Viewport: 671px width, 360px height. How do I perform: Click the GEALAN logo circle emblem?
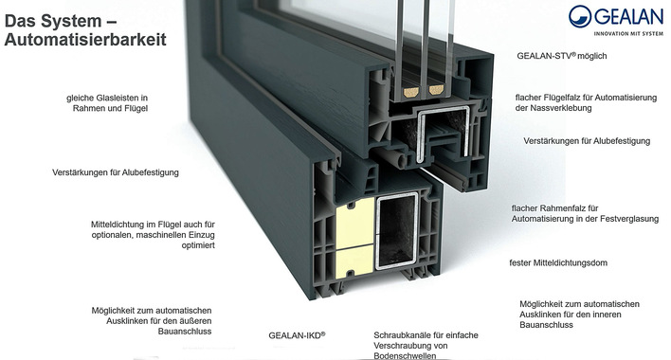tap(580, 16)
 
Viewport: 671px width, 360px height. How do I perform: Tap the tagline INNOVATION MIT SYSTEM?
tap(628, 33)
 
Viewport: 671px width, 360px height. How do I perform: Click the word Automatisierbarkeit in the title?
tap(85, 40)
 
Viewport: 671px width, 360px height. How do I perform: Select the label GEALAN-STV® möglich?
tap(561, 56)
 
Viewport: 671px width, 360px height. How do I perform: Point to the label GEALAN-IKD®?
tap(297, 335)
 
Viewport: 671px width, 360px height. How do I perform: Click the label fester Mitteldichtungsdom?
tap(558, 263)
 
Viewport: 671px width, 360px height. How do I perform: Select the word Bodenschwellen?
tap(405, 355)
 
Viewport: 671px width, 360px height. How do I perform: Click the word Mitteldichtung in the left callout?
tap(117, 225)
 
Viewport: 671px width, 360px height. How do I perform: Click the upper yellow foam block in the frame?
tap(355, 223)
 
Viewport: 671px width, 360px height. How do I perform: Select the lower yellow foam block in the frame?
tap(354, 261)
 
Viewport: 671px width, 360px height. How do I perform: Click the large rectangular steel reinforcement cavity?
tap(397, 231)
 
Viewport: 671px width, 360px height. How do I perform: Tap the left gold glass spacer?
tap(410, 91)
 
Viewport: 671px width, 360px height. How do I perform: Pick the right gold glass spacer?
tap(436, 90)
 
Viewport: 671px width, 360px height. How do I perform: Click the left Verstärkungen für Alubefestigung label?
tap(116, 172)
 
